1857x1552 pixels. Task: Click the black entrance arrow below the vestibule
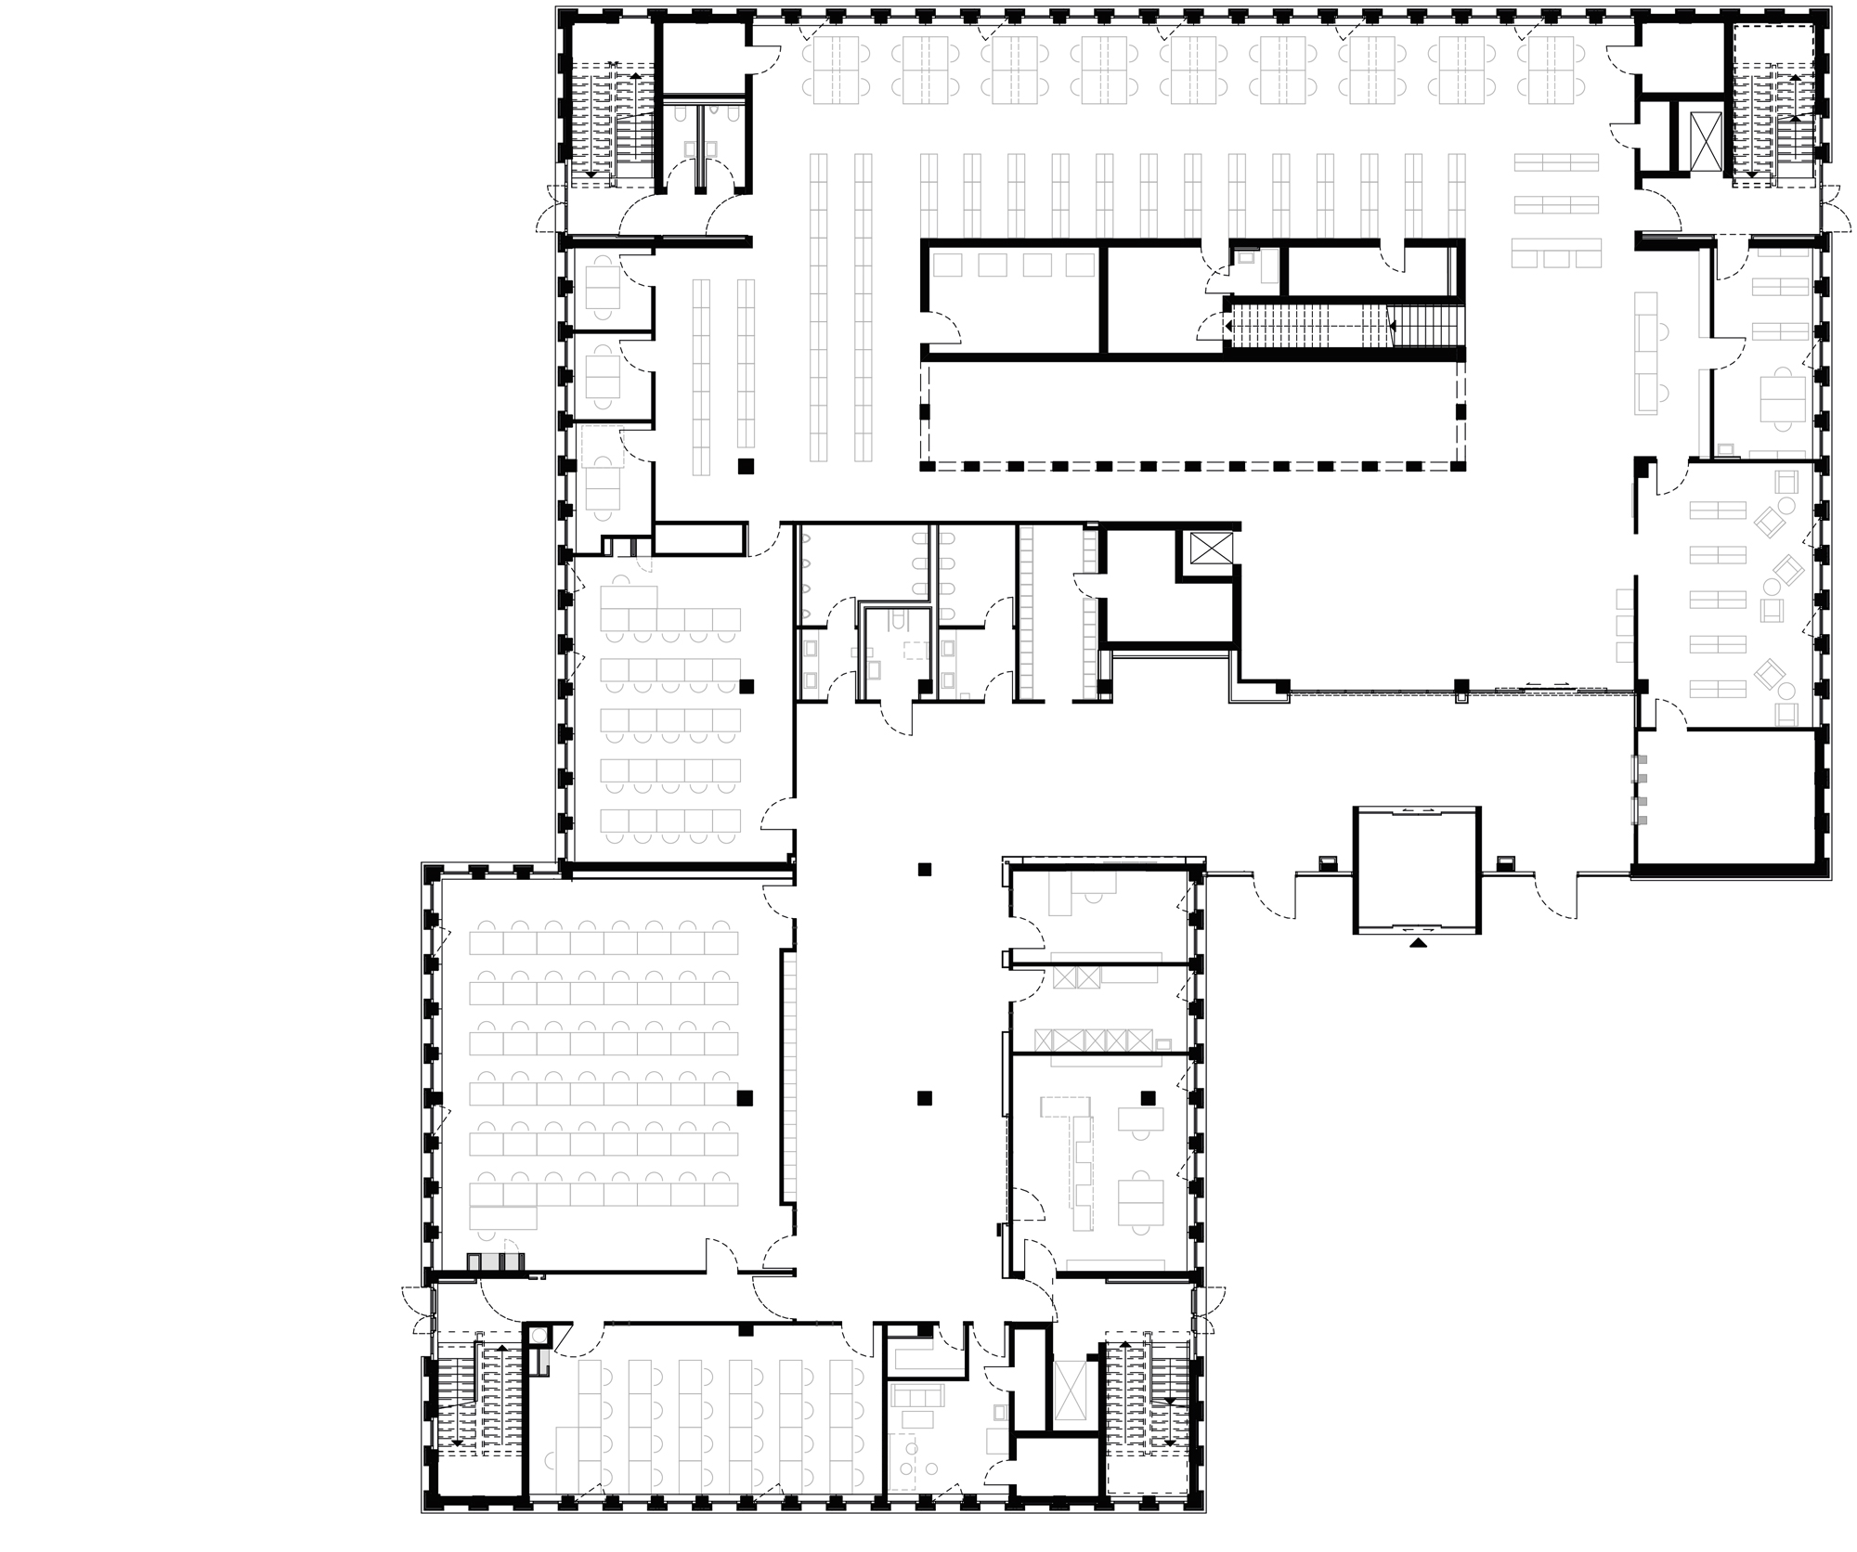(1417, 943)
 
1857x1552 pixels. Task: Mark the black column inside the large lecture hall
(744, 1098)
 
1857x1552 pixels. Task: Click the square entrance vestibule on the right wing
(1417, 870)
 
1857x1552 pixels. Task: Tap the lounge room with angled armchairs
(1727, 594)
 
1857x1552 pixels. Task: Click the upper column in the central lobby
(924, 870)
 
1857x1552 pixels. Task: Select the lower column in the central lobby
(924, 1098)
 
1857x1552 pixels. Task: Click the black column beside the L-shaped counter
(1149, 1098)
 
